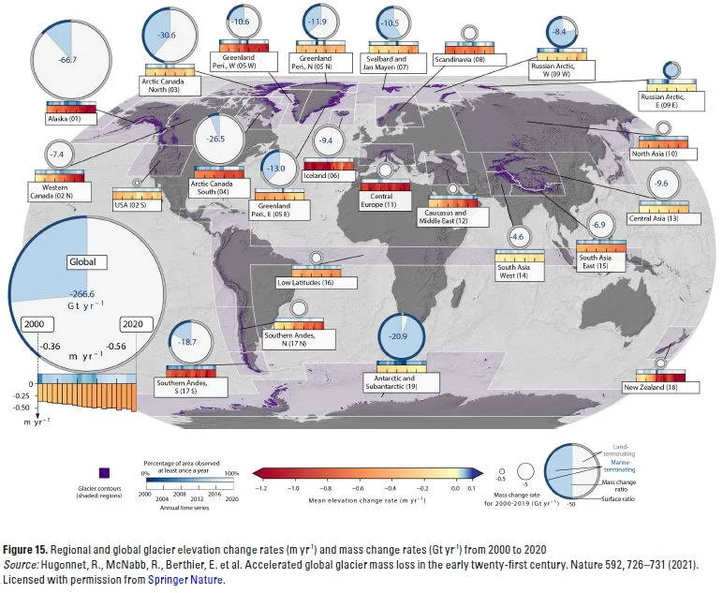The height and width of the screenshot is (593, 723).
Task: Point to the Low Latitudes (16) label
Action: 306,282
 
